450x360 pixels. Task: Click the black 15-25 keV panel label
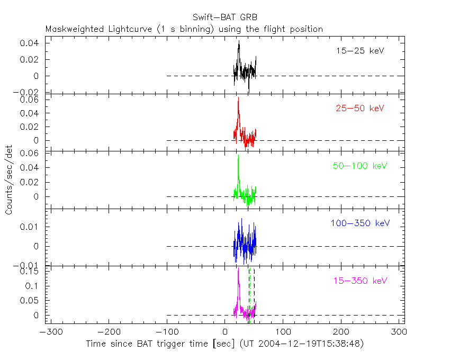coord(360,51)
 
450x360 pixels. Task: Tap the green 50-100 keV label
coord(360,166)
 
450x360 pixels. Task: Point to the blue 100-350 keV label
coord(358,223)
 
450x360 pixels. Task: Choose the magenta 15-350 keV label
coord(360,280)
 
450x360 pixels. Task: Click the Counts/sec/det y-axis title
coord(10,180)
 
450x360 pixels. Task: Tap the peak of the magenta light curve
coord(239,268)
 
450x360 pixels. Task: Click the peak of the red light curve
coord(238,98)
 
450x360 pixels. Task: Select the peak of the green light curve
coord(238,155)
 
